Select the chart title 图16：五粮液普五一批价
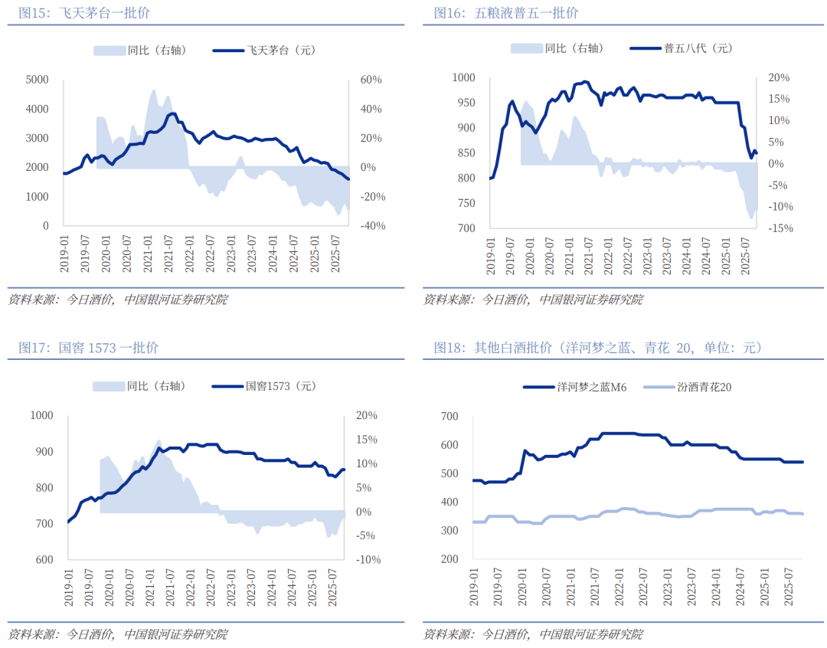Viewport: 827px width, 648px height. coord(506,13)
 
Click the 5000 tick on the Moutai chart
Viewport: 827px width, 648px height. coord(37,79)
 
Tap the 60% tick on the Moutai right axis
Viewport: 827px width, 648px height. coord(371,79)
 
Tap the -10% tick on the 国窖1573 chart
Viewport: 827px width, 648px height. coord(368,560)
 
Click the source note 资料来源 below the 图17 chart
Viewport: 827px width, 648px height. coord(118,634)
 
